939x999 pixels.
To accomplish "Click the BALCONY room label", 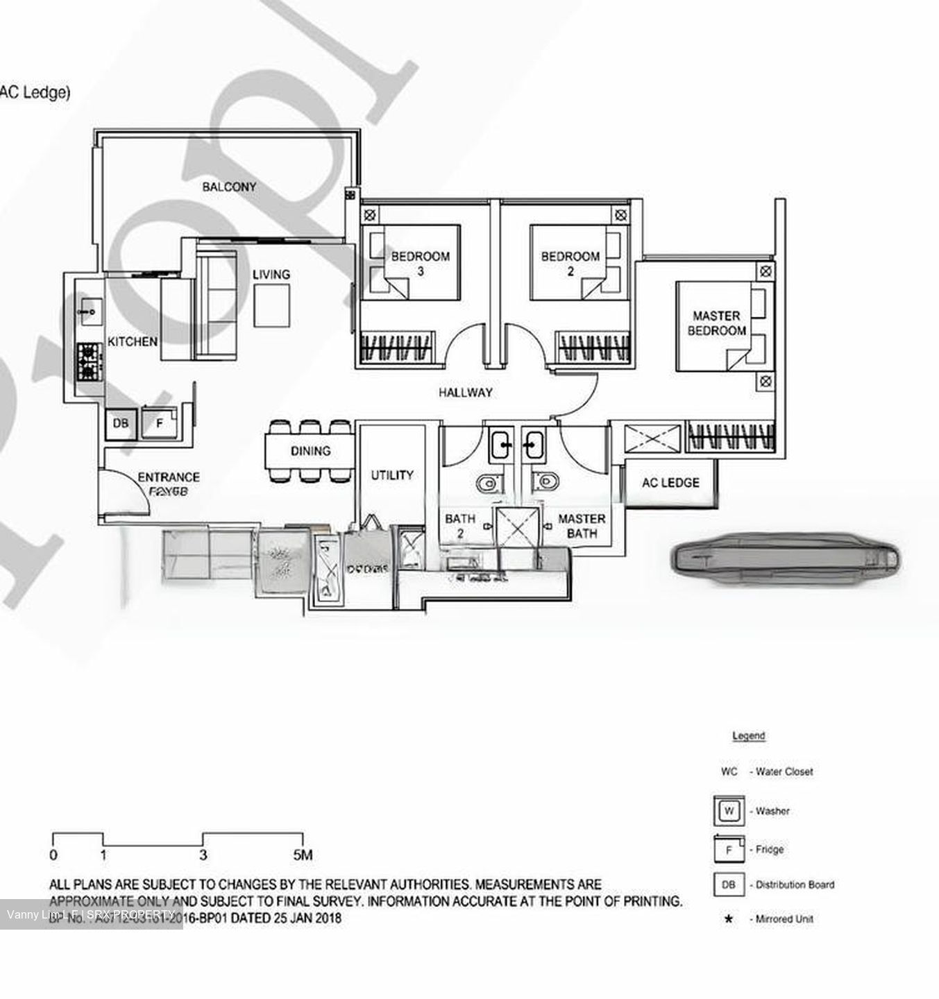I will click(x=229, y=187).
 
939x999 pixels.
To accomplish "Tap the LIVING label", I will click(x=271, y=275).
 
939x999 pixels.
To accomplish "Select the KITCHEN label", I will click(x=132, y=341).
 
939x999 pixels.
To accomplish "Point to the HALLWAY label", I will click(x=465, y=393).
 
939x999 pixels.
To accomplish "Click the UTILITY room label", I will click(x=391, y=475).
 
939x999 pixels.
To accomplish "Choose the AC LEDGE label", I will click(x=670, y=483).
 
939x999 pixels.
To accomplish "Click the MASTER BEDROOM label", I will click(x=716, y=323).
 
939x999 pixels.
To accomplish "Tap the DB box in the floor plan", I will click(x=120, y=423).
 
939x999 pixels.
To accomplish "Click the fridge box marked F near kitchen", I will click(x=159, y=423).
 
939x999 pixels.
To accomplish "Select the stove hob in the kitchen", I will click(x=89, y=362).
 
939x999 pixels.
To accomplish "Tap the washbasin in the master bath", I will click(x=533, y=444).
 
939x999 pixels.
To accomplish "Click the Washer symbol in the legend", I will click(x=728, y=810).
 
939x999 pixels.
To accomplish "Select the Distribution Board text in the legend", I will click(x=795, y=885).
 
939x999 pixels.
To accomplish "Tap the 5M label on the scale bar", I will click(x=303, y=855).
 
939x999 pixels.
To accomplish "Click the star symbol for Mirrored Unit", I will click(x=728, y=919).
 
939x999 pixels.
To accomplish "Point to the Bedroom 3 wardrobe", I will click(x=396, y=348).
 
